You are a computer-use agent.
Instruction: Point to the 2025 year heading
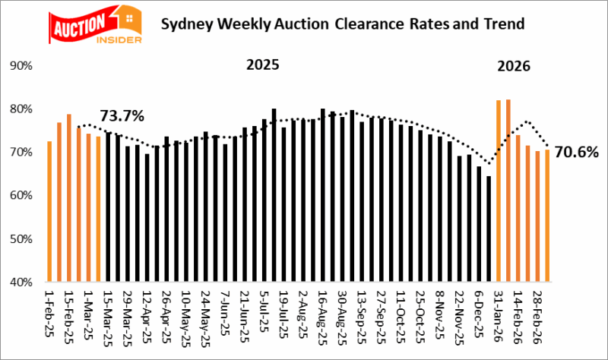coord(262,65)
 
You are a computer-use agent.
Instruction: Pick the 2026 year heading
coord(514,66)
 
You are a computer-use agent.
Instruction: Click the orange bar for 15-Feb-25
coord(68,197)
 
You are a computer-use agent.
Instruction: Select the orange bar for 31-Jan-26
coord(499,191)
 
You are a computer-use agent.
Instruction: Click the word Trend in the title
coord(505,24)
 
